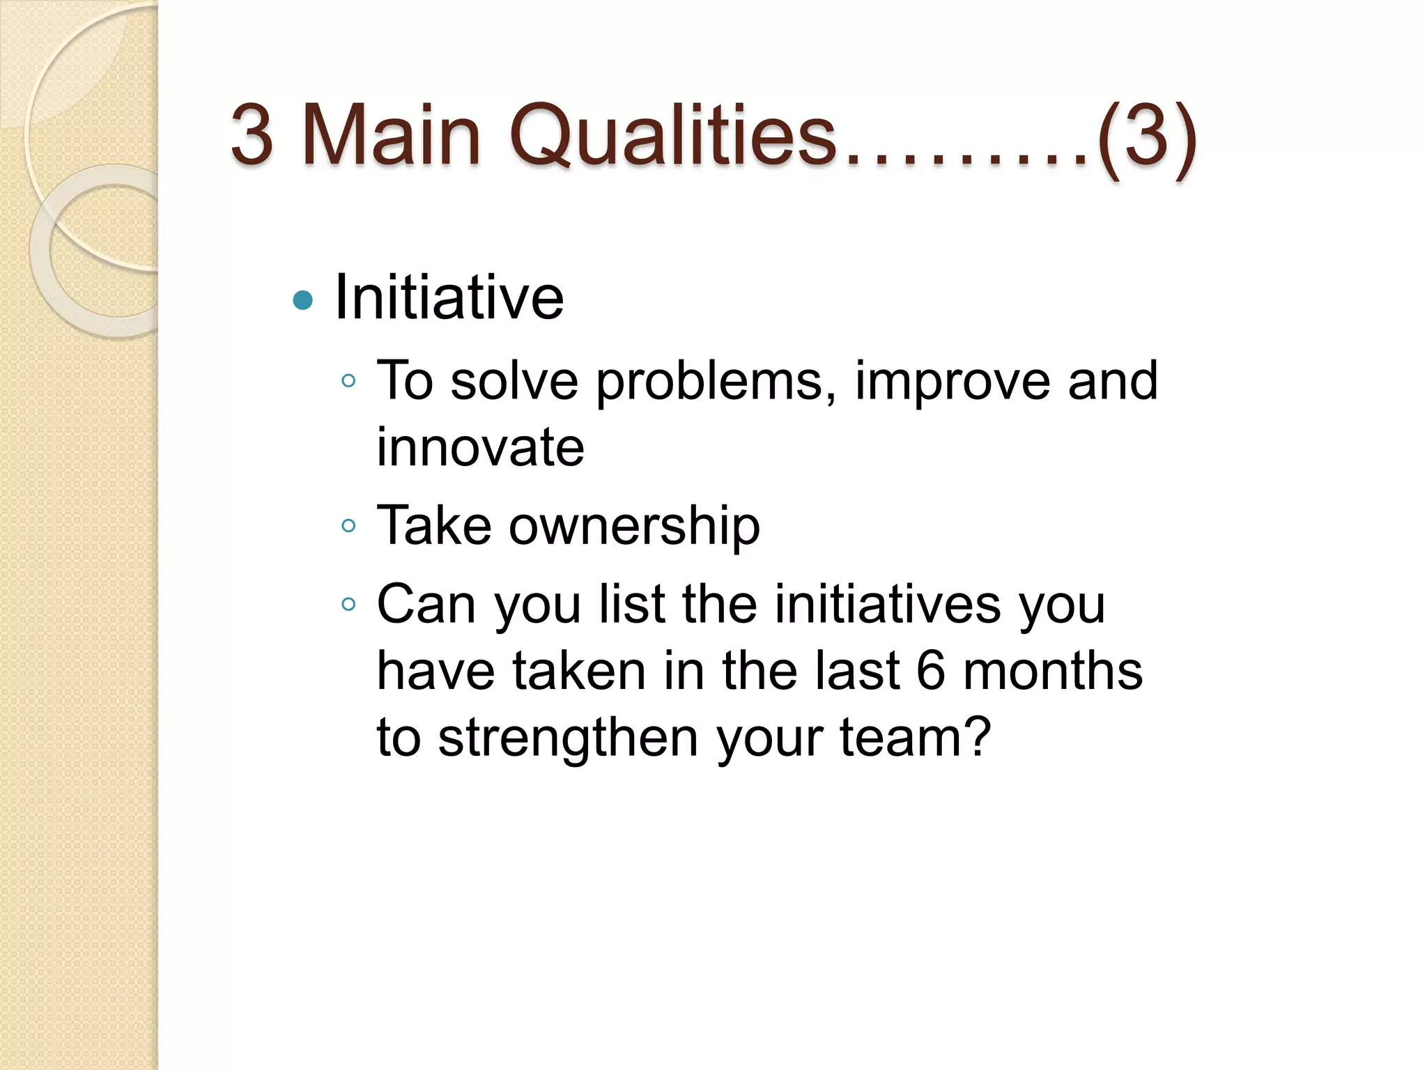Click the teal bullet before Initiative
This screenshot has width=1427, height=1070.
click(x=303, y=301)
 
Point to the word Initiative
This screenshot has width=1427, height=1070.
click(x=449, y=298)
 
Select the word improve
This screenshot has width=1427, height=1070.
click(x=952, y=382)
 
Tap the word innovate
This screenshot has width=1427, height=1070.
click(x=480, y=447)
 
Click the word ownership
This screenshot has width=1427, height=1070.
click(x=634, y=527)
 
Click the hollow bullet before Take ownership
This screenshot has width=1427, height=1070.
click(x=349, y=526)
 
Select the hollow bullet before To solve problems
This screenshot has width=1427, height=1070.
click(x=349, y=381)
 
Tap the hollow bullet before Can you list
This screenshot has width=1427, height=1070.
click(x=349, y=604)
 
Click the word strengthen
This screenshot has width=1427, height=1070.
click(x=568, y=738)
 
